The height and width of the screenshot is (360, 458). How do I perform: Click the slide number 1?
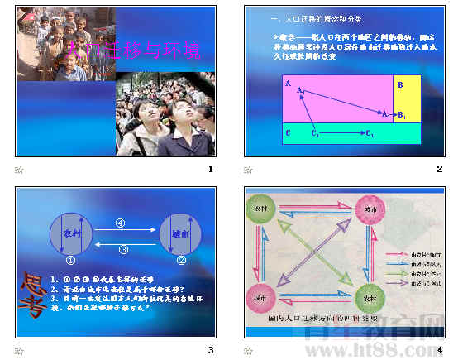click(210, 169)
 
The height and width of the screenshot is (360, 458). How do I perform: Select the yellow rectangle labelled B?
click(407, 98)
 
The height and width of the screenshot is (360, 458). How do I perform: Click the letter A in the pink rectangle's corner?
click(286, 84)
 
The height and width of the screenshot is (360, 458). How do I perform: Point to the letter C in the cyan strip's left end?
click(287, 132)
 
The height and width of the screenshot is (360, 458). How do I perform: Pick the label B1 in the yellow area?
click(401, 114)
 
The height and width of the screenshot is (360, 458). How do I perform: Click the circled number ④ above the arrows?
click(121, 223)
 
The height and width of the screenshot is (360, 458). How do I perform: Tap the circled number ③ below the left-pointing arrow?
click(124, 249)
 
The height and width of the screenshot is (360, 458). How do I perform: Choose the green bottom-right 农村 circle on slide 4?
click(364, 295)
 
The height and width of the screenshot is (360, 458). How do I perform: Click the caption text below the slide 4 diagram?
click(311, 318)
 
